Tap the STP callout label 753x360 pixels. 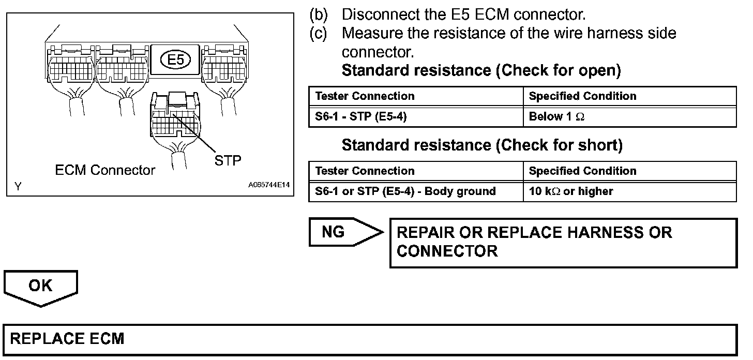click(228, 160)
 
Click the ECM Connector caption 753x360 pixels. click(105, 170)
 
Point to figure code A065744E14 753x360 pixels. click(269, 185)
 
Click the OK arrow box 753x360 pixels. click(40, 286)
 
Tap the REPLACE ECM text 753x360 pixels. click(67, 339)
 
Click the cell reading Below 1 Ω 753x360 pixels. click(556, 117)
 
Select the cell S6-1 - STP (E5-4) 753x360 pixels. click(361, 117)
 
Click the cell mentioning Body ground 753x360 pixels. click(405, 191)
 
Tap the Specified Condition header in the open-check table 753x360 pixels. click(582, 96)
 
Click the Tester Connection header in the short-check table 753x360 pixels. click(365, 171)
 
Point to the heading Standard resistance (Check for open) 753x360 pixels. click(481, 70)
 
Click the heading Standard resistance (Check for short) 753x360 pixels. click(482, 145)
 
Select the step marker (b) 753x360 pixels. click(319, 14)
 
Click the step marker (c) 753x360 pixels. click(319, 33)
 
